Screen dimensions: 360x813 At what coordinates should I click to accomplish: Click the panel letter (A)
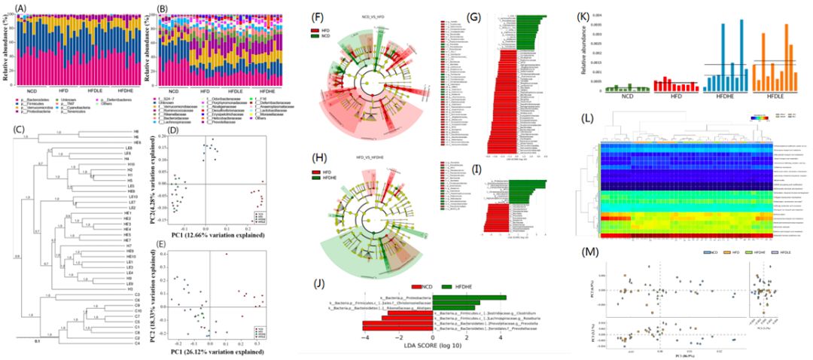[x=14, y=8]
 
